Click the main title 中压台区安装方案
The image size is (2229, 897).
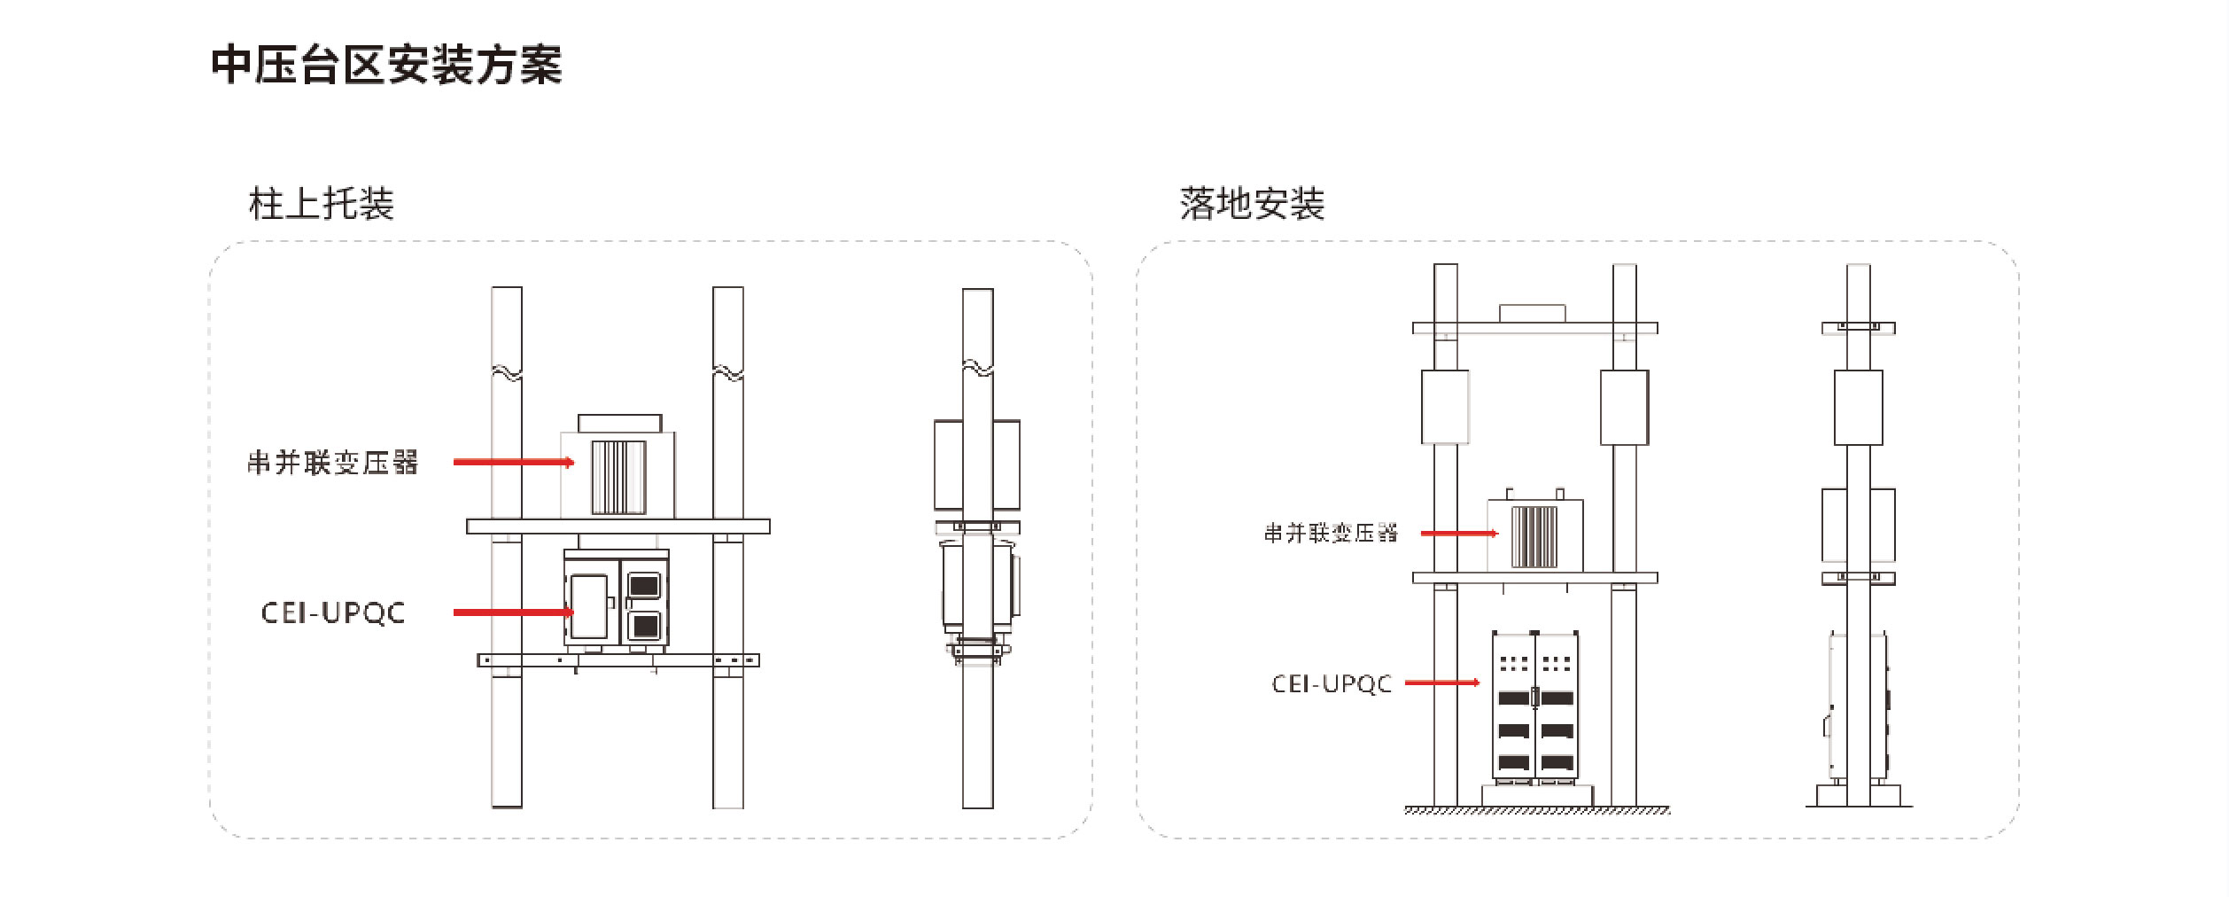coord(386,65)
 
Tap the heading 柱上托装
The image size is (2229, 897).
coord(321,204)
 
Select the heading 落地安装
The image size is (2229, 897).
coord(1251,204)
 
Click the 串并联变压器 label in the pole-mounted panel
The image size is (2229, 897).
coord(332,462)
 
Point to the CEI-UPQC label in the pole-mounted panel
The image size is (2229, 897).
coord(333,612)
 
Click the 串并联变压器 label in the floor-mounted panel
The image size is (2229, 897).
coord(1330,533)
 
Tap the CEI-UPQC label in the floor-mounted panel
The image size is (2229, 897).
coord(1332,683)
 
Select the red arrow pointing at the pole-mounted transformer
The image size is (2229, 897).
coord(513,462)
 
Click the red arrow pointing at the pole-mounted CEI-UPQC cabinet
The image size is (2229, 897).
coord(513,612)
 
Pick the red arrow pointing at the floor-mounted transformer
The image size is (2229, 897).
coord(1458,533)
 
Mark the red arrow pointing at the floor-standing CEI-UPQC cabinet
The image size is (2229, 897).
coord(1441,682)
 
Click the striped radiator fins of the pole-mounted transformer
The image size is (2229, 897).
coord(618,477)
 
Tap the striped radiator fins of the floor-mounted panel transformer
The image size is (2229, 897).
coord(1534,536)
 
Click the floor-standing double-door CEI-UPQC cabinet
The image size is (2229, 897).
coord(1534,707)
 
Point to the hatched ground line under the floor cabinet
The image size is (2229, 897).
coord(1537,810)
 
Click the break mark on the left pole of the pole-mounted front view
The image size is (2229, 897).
coord(507,372)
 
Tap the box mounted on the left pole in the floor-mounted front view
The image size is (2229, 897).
coord(1445,407)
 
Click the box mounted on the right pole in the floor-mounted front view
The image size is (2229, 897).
coord(1624,407)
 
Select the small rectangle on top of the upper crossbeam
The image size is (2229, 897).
coord(1532,313)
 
